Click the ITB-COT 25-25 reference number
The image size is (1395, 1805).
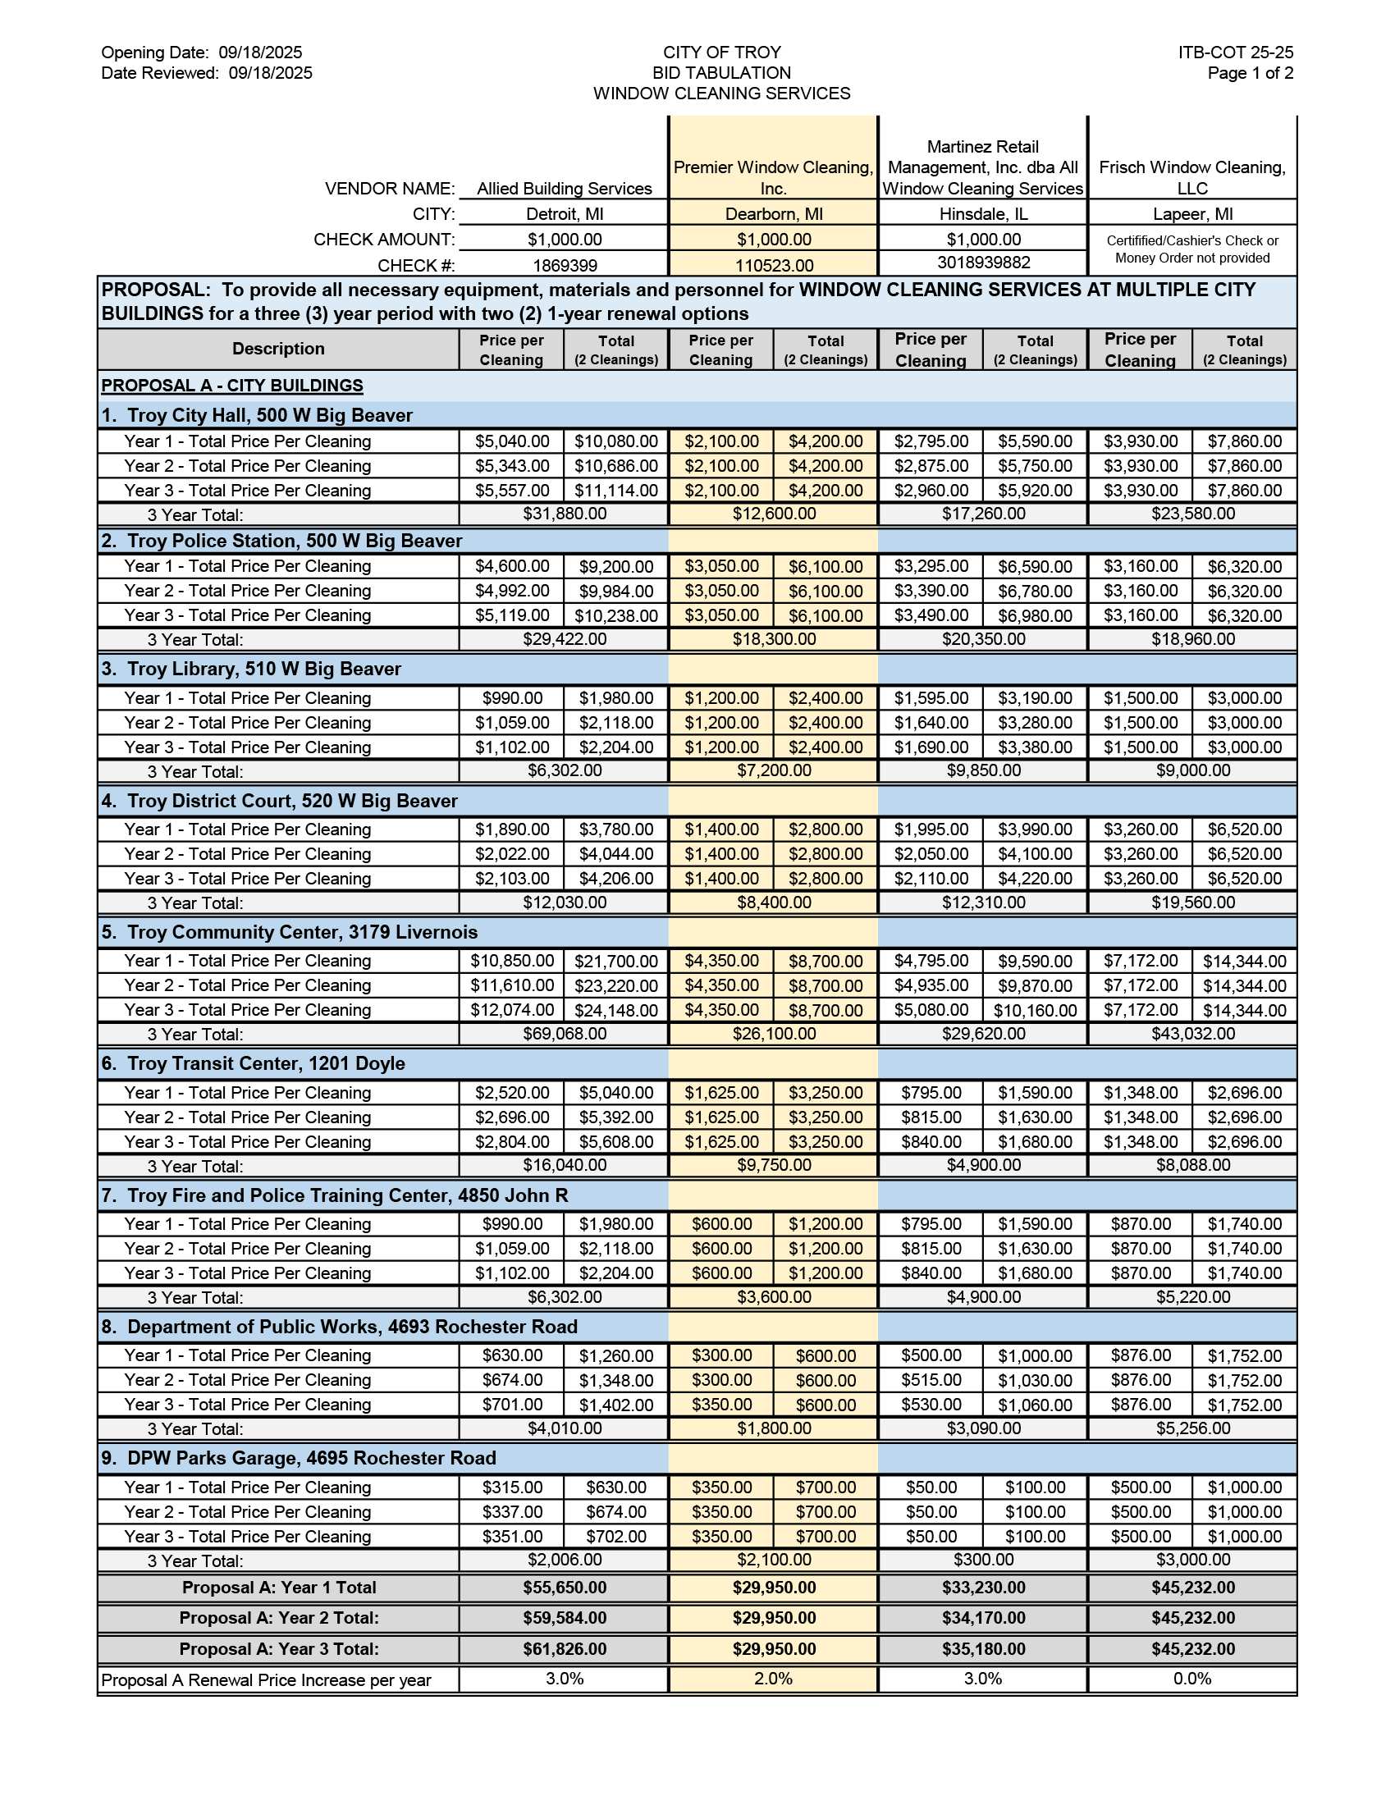pos(1236,52)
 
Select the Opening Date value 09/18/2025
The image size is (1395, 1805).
pos(260,52)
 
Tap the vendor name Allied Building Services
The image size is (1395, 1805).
pos(565,189)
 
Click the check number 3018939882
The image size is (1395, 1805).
pos(983,263)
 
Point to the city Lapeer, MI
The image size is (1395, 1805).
pos(1192,214)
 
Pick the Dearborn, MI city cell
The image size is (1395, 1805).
pos(774,214)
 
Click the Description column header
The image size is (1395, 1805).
pos(277,349)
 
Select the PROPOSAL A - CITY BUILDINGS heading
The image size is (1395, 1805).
pos(232,385)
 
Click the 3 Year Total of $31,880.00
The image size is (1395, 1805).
pos(565,514)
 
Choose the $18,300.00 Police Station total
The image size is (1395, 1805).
pos(774,639)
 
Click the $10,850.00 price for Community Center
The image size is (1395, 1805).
pos(511,961)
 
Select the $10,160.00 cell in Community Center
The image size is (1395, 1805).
pos(1035,1010)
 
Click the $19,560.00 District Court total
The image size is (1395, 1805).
pos(1192,902)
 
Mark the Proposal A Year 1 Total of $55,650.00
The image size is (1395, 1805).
pos(565,1588)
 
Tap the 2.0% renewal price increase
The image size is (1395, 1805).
pos(774,1679)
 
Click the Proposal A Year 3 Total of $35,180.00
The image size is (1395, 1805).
pos(983,1649)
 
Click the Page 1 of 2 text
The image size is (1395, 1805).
pos(1250,73)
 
